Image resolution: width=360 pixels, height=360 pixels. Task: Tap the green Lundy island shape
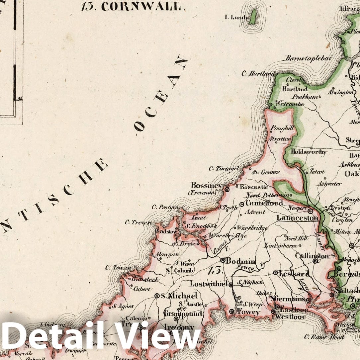[x=253, y=17]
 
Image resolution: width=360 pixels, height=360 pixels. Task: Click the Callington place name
[x=312, y=256]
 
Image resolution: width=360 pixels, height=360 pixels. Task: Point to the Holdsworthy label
[x=309, y=152]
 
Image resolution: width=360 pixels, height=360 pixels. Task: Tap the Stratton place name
[x=280, y=139]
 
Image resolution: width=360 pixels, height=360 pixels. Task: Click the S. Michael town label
[x=179, y=296]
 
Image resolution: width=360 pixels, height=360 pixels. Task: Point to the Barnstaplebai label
[x=308, y=58]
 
